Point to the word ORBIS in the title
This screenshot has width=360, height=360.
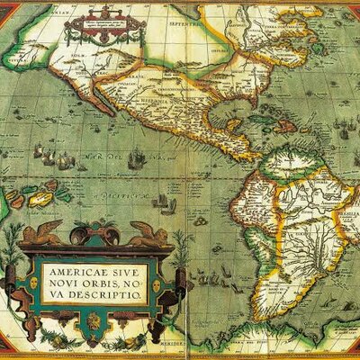112,283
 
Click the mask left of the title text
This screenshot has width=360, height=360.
34,283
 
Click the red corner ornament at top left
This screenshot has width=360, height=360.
11,11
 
